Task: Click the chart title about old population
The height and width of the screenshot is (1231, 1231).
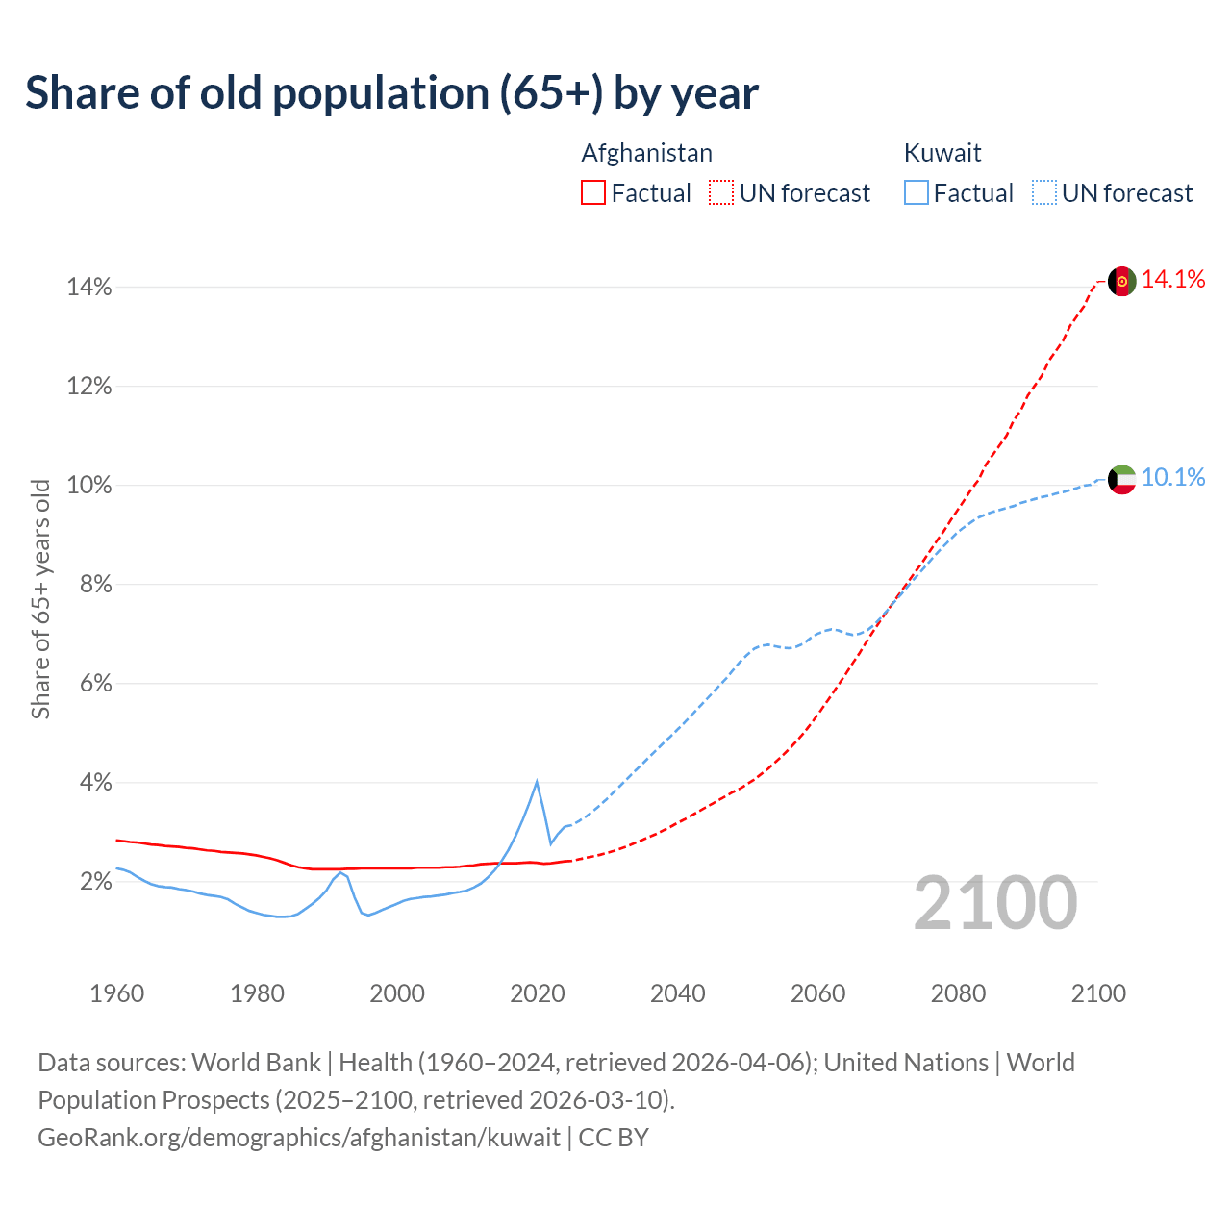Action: coord(391,93)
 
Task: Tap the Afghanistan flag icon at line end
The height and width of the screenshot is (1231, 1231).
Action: coord(1122,282)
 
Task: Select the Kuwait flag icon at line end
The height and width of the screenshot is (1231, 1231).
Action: coord(1122,479)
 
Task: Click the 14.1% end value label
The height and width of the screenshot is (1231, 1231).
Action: coord(1173,280)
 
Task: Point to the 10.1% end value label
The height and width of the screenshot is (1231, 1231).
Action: coord(1173,477)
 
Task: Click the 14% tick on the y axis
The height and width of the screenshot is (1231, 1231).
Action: coord(89,288)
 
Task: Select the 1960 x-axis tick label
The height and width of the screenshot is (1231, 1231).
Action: coord(116,993)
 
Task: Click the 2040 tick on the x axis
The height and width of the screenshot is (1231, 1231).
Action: coord(678,993)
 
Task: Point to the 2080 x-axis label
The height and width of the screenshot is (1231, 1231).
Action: coord(958,993)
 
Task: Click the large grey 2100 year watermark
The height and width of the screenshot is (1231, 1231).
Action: coord(994,903)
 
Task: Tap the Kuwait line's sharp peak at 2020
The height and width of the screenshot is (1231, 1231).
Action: coord(537,782)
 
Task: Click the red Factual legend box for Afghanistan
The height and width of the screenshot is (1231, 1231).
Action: coord(593,193)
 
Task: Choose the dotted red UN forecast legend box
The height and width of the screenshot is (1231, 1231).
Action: coord(721,193)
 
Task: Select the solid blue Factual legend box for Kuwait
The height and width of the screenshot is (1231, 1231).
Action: coord(917,193)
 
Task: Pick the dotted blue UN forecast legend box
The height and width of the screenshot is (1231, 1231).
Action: coord(1044,193)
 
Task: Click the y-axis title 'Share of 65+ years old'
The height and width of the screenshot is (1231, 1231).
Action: coord(40,599)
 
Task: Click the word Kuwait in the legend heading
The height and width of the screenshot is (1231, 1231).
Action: coord(942,153)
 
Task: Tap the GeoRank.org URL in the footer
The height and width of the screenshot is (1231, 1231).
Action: coord(299,1138)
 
